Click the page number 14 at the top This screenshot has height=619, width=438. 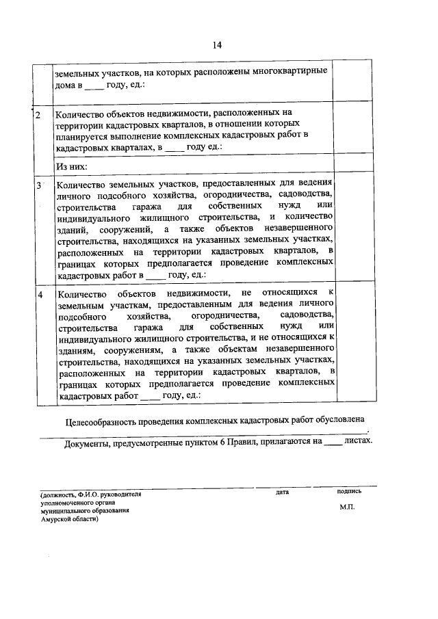[x=217, y=45]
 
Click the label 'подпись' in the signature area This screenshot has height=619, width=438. [x=349, y=491]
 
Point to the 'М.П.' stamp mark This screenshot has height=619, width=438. [x=347, y=508]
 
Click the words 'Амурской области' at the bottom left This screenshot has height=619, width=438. [x=68, y=519]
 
